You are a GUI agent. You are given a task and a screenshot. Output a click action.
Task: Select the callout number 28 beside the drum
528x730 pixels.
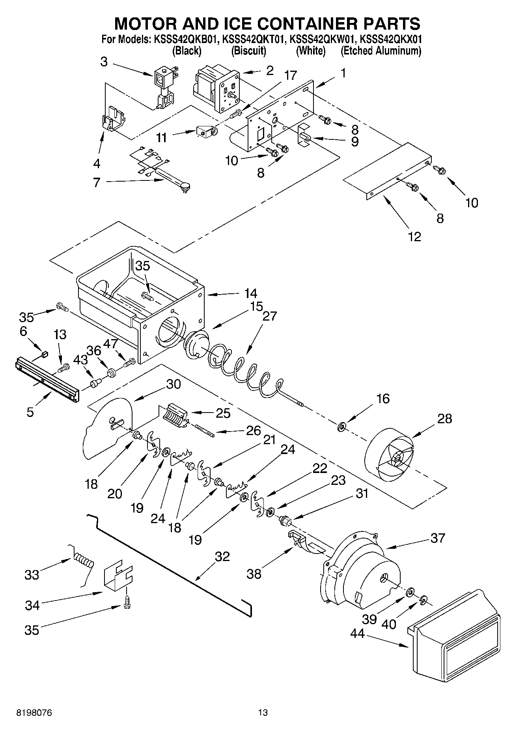click(x=444, y=418)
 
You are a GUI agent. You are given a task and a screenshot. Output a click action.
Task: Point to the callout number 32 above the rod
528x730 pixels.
click(x=222, y=557)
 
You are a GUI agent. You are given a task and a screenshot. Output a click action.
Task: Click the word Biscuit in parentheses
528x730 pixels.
click(x=248, y=51)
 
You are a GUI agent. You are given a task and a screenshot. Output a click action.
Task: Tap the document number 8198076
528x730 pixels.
click(x=34, y=713)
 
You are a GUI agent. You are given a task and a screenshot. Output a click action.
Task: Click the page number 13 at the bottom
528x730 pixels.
click(x=263, y=713)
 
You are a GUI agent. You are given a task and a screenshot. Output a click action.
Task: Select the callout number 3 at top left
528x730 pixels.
click(x=104, y=62)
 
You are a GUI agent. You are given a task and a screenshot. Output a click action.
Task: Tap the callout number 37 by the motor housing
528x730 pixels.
click(x=438, y=538)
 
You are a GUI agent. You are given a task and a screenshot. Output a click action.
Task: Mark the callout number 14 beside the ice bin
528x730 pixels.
click(x=250, y=293)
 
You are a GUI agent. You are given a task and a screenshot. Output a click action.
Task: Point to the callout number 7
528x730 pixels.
click(x=97, y=182)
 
